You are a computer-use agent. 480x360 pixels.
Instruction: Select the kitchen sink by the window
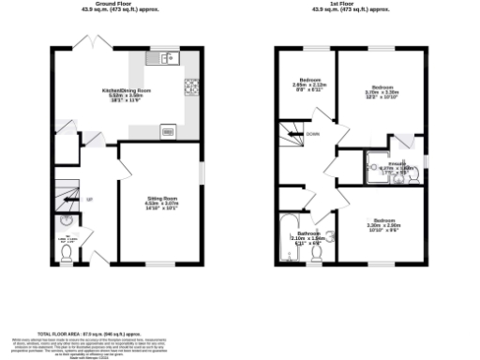pyautogui.click(x=166, y=58)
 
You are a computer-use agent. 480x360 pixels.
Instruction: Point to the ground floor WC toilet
pyautogui.click(x=65, y=224)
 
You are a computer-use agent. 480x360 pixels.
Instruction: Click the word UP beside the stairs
pyautogui.click(x=90, y=200)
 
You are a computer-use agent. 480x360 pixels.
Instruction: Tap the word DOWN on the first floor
pyautogui.click(x=312, y=134)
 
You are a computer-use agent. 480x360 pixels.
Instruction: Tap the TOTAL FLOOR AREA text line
pyautogui.click(x=95, y=333)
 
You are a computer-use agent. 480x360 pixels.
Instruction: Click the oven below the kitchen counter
pyautogui.click(x=168, y=131)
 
